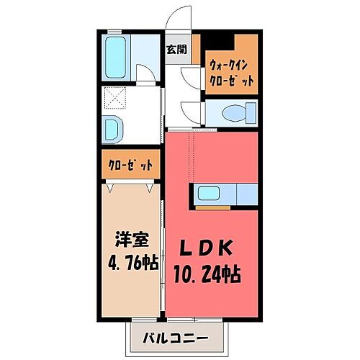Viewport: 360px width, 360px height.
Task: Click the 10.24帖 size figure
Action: click(x=206, y=274)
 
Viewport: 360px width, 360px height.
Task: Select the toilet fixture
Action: click(x=235, y=113)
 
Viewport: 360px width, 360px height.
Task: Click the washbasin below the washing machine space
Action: click(x=114, y=130)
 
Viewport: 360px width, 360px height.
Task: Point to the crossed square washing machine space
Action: click(x=115, y=97)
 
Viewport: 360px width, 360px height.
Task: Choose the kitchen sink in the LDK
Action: click(x=210, y=193)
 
